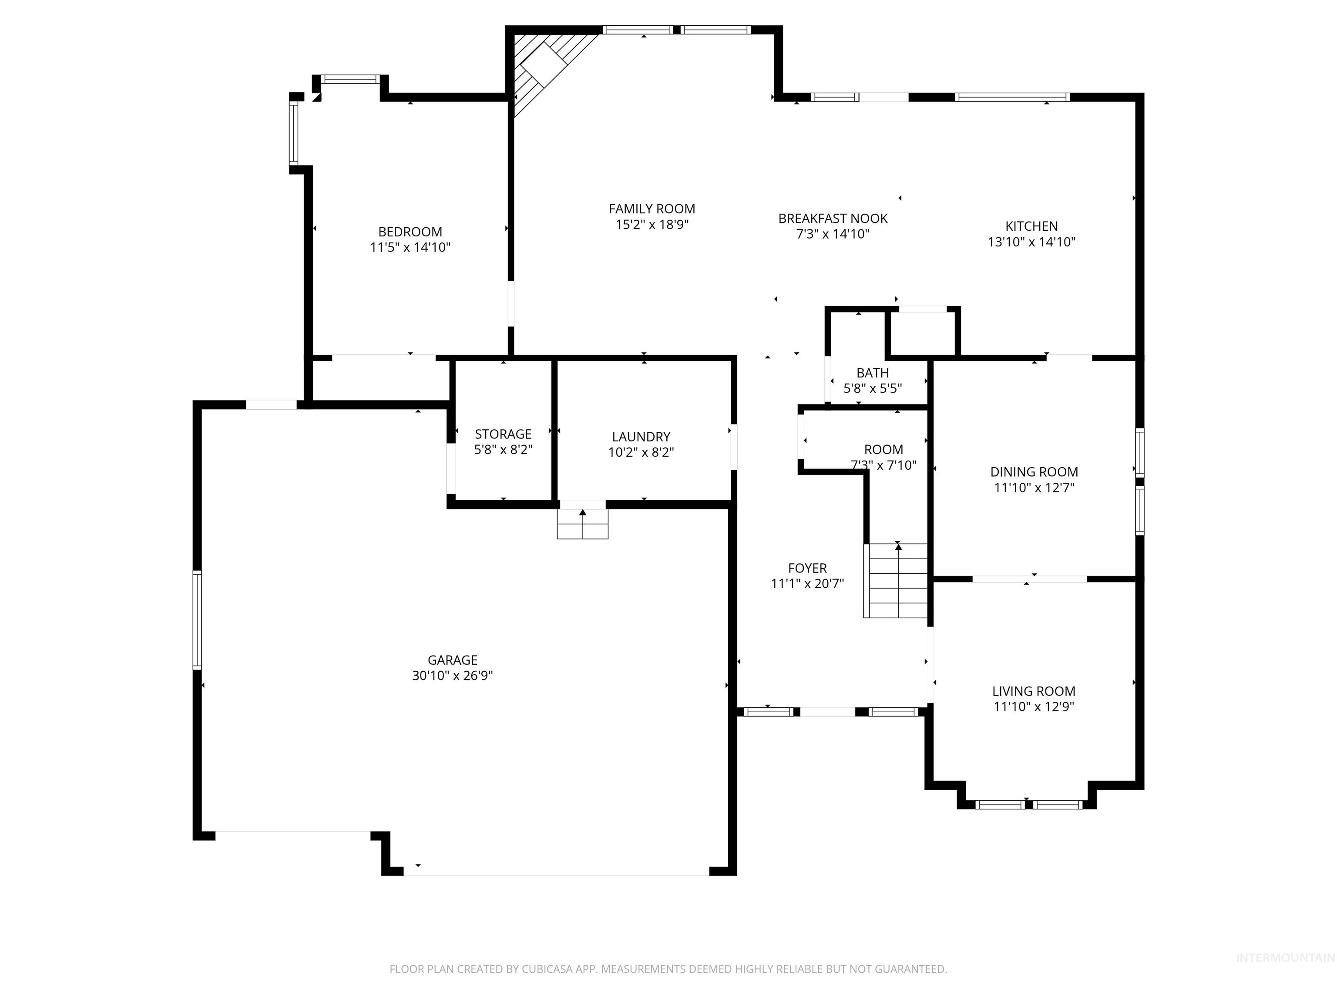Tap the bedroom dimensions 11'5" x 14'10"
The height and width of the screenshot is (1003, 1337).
coord(410,247)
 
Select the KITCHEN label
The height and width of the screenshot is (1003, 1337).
coord(1031,226)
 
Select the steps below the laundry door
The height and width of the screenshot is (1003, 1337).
coord(582,524)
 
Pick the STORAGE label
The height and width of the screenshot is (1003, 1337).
coord(503,434)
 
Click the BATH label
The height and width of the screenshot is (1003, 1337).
coord(872,373)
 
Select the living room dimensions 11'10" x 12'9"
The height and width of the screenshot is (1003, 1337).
coord(1034,707)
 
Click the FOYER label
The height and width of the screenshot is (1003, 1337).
coord(807,568)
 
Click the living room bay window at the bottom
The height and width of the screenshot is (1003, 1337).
coord(1028,804)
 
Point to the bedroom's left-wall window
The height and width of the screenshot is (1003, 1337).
coord(294,133)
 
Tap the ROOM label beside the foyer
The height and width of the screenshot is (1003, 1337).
coord(883,450)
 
